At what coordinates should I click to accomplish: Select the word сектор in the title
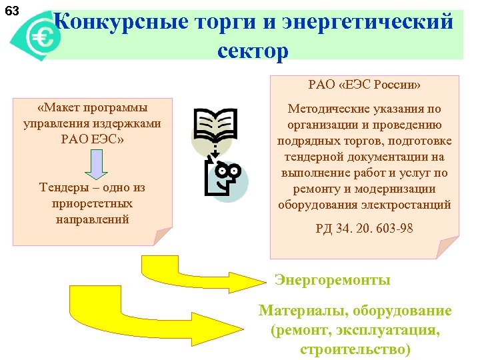pos(253,51)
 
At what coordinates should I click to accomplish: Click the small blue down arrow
pos(95,164)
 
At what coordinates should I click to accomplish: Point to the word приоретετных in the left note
pos(93,203)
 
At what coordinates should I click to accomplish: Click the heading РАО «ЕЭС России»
pos(365,85)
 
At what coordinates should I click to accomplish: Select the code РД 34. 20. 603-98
pos(365,228)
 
